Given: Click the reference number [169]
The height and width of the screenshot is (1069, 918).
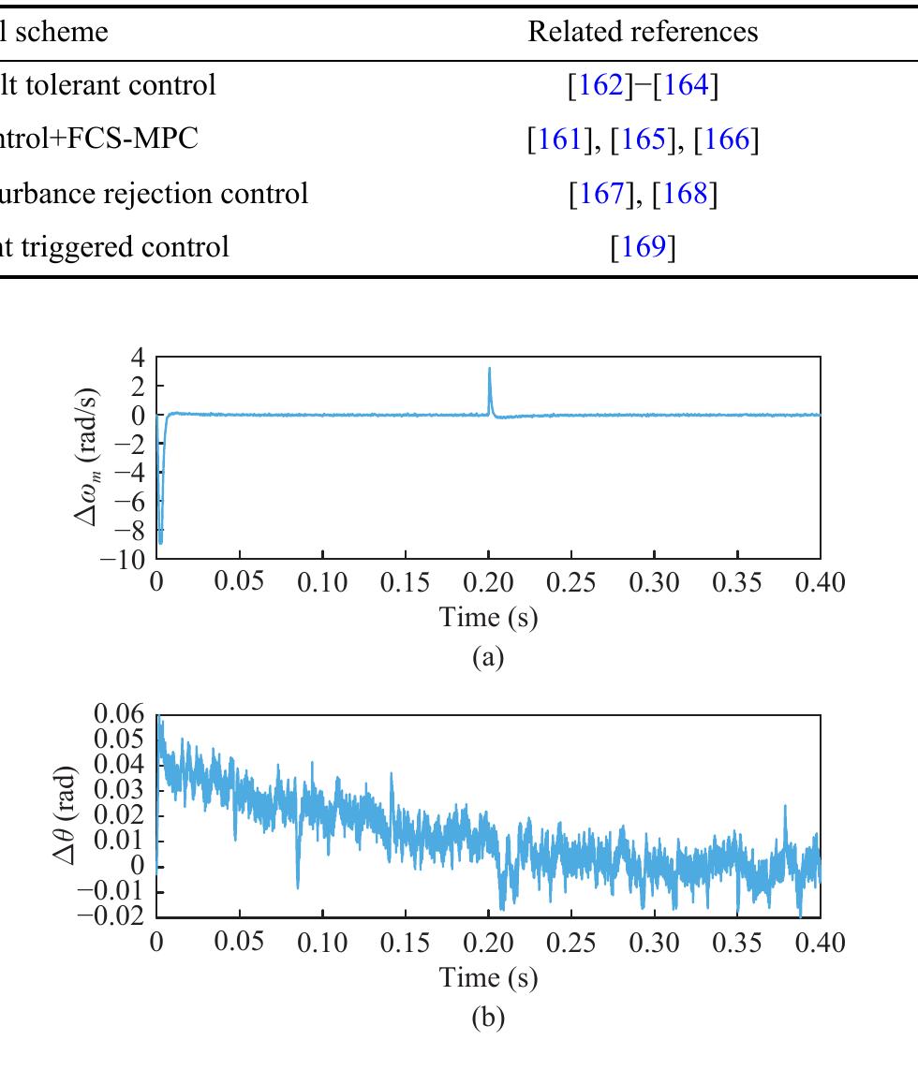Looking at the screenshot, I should (643, 247).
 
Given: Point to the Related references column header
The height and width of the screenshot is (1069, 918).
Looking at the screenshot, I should (643, 32).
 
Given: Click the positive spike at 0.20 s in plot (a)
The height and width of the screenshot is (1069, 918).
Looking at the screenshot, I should (489, 371).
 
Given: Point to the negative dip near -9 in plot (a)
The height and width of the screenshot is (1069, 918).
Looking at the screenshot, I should (160, 538).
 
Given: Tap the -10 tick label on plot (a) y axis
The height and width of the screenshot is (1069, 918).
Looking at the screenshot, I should (126, 559).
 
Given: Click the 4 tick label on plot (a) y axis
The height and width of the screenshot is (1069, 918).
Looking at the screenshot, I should (139, 358).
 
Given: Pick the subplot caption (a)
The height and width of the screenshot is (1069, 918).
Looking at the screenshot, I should (489, 657).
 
